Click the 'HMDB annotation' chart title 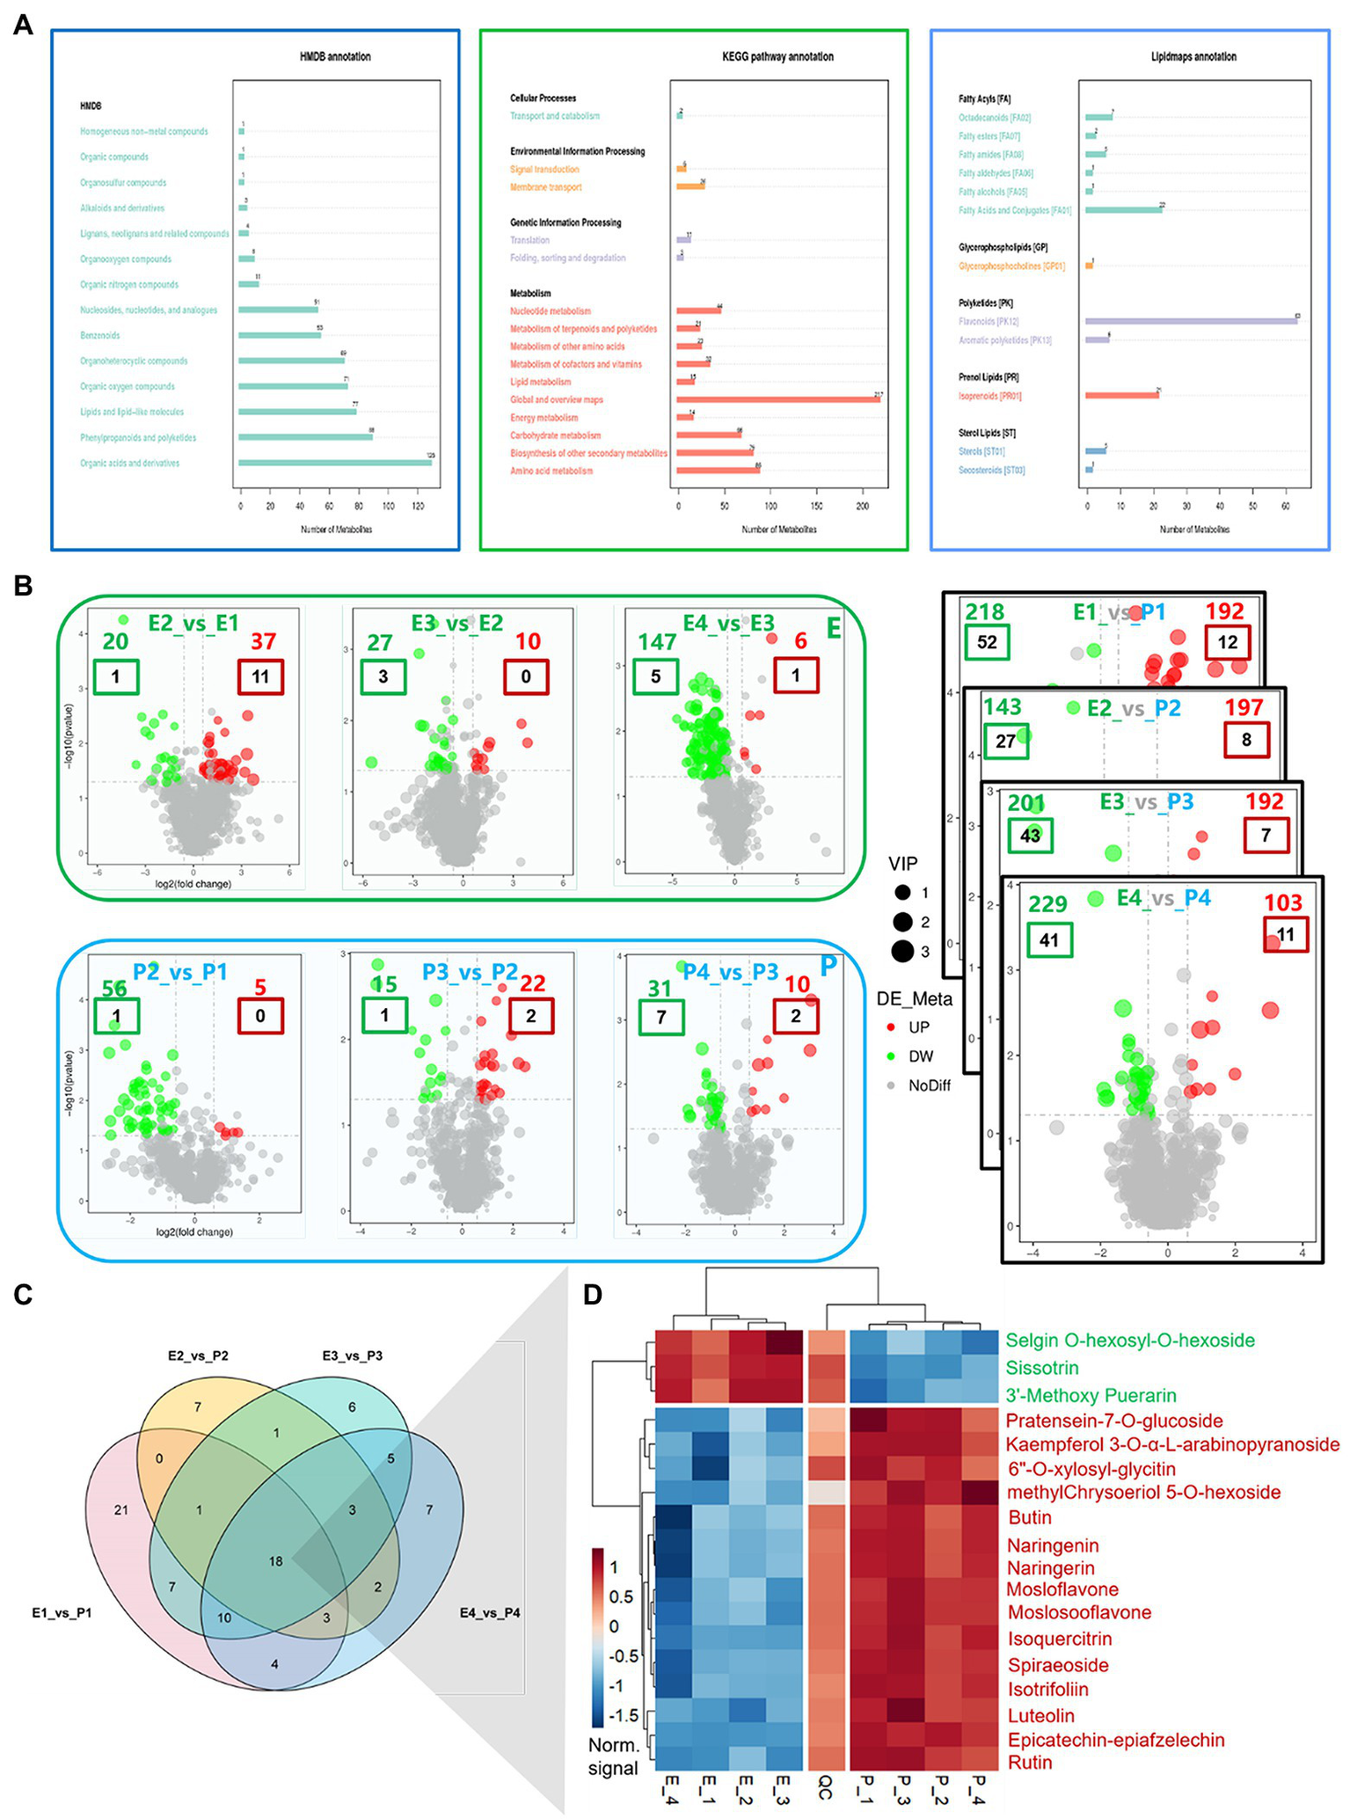335,56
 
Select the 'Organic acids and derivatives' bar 334,463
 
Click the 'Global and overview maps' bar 777,399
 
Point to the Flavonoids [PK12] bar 1191,321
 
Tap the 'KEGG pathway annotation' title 777,56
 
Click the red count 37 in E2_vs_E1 263,641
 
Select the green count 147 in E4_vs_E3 657,641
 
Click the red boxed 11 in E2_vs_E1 260,676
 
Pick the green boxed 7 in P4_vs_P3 660,1018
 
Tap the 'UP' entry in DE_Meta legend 919,1027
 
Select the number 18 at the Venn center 275,1561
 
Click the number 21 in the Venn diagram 121,1510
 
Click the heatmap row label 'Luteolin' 1040,1715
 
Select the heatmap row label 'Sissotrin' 1042,1368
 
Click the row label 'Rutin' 1029,1762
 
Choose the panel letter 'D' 593,1294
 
